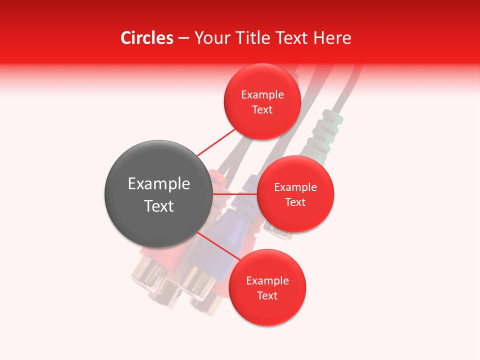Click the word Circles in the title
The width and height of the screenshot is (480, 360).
coord(146,38)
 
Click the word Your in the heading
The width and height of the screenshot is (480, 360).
coord(212,38)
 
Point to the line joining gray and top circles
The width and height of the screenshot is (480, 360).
coord(216,142)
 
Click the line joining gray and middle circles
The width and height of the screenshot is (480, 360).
coord(235,193)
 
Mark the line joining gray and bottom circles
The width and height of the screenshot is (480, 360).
coord(218,248)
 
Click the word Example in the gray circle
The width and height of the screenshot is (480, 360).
coord(159,184)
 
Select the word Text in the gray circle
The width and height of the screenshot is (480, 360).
coord(159,206)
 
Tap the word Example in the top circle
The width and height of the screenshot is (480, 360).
coord(262,94)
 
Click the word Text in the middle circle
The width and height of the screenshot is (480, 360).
coord(295,202)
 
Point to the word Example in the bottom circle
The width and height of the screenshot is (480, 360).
coord(267,280)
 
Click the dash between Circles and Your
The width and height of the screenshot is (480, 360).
coord(183,38)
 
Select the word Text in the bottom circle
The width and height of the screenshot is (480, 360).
coord(267,295)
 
